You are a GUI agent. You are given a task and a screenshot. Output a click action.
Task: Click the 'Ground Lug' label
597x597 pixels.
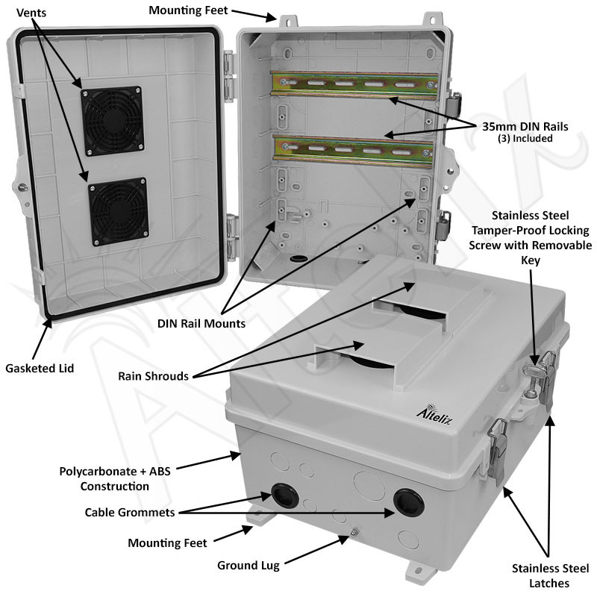pos(249,565)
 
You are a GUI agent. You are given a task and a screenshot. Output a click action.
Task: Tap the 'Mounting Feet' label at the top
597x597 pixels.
pos(189,10)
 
